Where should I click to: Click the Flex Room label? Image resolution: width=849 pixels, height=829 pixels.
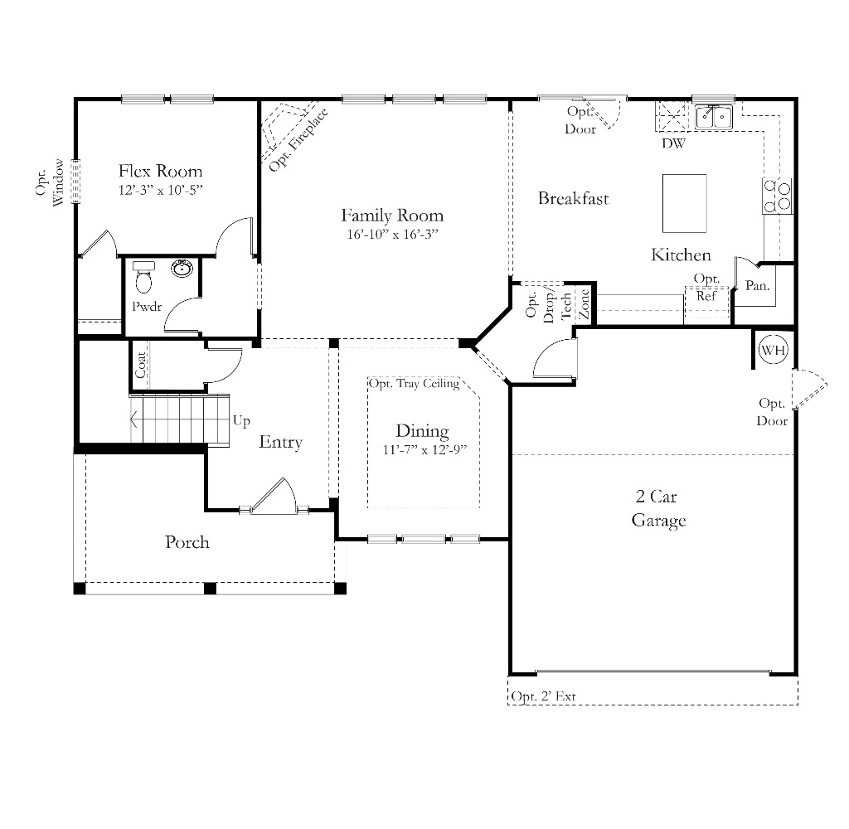(160, 172)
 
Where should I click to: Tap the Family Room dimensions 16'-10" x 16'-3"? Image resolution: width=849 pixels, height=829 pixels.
(392, 235)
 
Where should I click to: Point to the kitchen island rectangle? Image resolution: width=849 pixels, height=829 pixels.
(684, 203)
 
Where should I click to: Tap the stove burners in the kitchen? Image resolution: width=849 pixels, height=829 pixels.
(777, 196)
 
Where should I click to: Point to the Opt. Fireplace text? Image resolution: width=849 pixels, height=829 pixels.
(298, 139)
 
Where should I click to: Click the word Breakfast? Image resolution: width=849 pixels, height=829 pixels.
(573, 198)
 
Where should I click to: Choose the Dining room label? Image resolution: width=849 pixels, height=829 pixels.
(422, 431)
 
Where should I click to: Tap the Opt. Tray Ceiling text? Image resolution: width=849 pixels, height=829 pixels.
(414, 384)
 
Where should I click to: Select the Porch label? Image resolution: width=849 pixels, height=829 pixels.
(187, 542)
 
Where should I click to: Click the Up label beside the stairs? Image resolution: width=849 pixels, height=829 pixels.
(241, 420)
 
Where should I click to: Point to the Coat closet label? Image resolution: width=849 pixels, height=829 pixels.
(141, 366)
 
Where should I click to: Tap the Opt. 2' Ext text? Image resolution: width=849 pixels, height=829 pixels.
(543, 696)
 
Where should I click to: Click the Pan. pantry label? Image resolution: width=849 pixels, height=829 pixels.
(757, 286)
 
